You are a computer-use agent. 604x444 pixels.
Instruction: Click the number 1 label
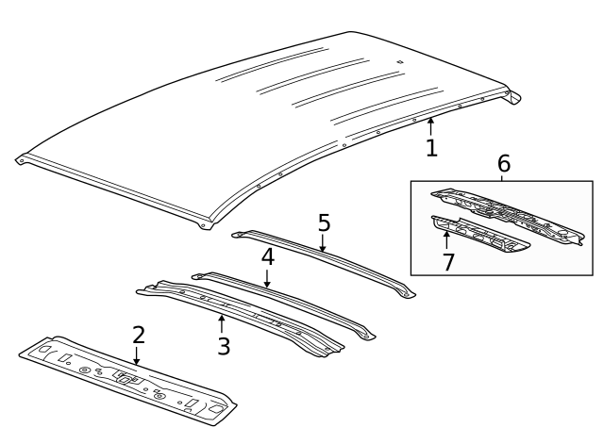(431, 148)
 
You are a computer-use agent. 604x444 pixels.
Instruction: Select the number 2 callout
(138, 335)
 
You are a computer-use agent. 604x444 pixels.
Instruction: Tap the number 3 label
(224, 345)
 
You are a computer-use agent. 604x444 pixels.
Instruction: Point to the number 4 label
(268, 255)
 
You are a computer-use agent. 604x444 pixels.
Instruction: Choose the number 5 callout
(324, 223)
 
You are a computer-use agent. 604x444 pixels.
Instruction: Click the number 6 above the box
(502, 163)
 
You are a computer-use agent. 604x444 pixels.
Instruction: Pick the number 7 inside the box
(448, 261)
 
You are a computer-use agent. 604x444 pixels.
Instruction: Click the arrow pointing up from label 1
(430, 125)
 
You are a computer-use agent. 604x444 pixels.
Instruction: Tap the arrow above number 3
(222, 322)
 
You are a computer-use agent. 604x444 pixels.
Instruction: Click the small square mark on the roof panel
(400, 63)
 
